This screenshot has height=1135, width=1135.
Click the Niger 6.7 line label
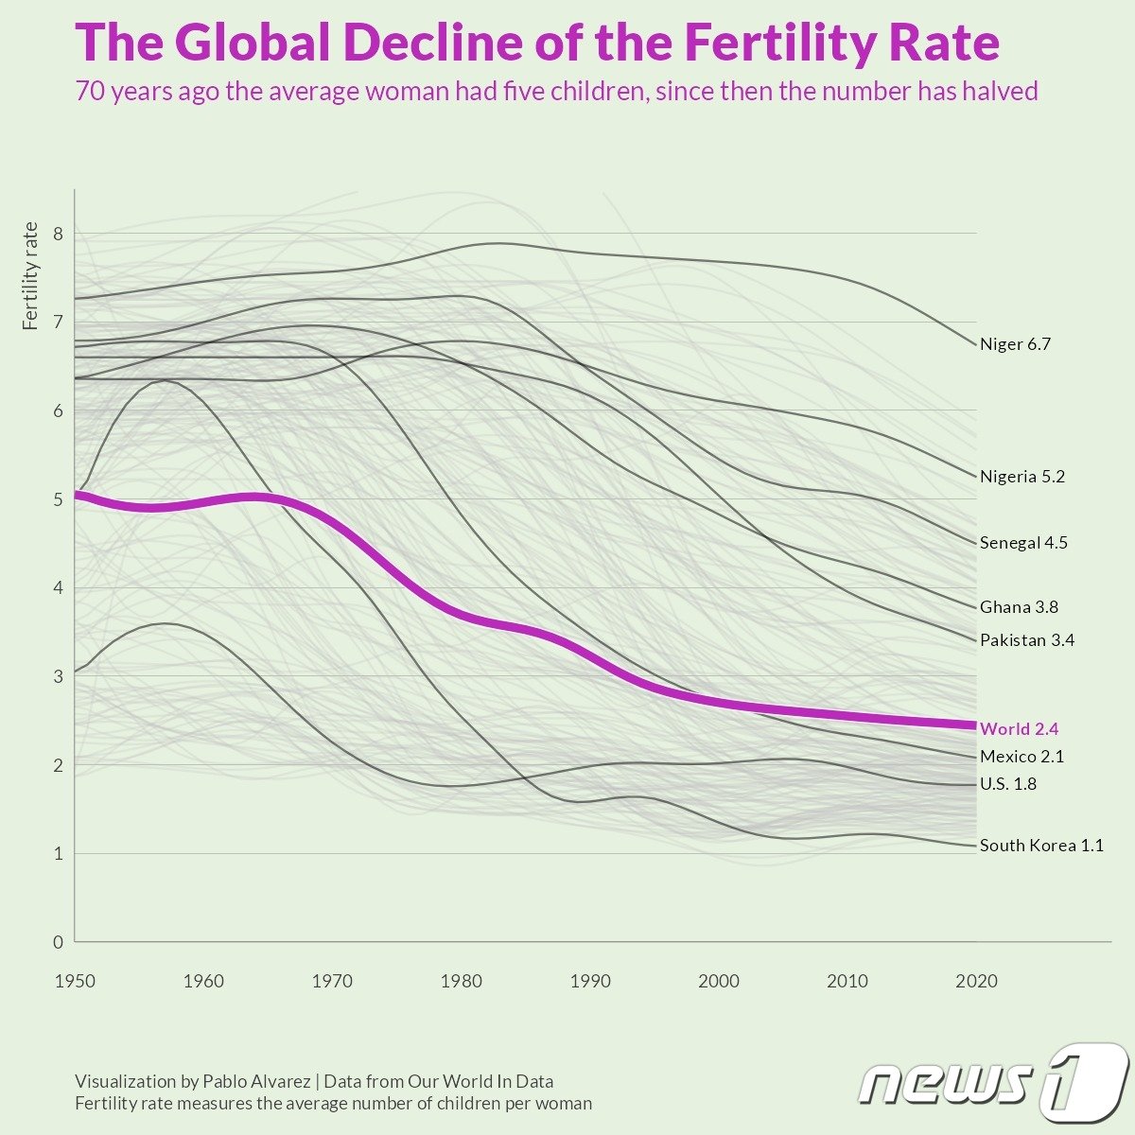tap(1015, 344)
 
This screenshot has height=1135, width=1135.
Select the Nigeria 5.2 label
tap(1021, 477)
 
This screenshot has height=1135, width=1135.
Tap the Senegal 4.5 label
tap(1023, 543)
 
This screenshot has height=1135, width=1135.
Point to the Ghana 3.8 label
tap(1019, 607)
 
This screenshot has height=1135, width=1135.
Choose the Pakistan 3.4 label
tap(1026, 640)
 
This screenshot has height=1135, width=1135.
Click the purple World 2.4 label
tap(1019, 729)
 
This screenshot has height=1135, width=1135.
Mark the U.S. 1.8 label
tap(1008, 784)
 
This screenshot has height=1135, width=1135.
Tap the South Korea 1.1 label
tap(1041, 846)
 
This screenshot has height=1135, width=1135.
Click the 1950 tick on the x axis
tap(75, 982)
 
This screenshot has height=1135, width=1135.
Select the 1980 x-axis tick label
tap(461, 982)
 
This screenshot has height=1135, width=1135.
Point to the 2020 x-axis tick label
tap(976, 982)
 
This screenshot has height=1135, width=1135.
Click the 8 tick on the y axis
tap(59, 234)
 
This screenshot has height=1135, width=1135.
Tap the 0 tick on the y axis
tap(59, 942)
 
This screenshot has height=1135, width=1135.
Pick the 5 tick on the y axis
tap(59, 499)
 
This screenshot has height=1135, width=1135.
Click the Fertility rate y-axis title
tap(31, 275)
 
